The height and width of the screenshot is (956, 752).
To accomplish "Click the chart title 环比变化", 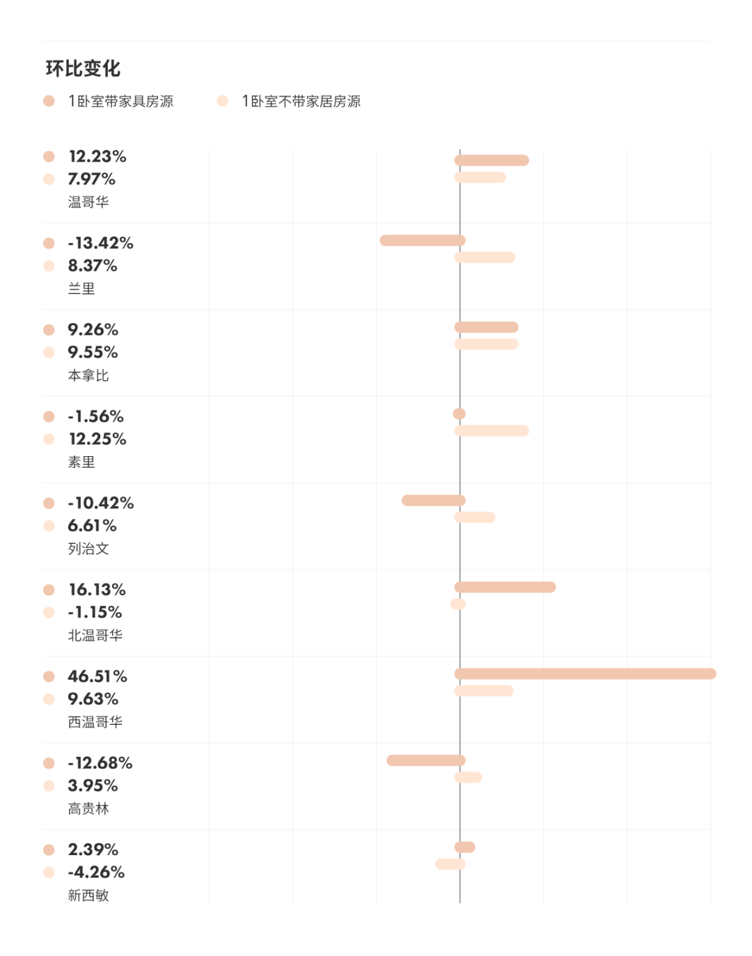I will pyautogui.click(x=83, y=68).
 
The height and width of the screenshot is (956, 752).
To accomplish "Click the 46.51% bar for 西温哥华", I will pyautogui.click(x=585, y=673).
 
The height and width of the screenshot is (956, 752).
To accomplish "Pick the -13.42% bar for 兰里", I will pyautogui.click(x=422, y=240).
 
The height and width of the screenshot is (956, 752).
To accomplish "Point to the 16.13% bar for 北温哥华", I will pyautogui.click(x=505, y=587).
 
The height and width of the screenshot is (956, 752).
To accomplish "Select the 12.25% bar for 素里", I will pyautogui.click(x=492, y=430).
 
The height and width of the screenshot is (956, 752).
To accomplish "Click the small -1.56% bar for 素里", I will pyautogui.click(x=459, y=414).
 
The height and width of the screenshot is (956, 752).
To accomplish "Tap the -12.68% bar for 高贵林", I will pyautogui.click(x=425, y=760).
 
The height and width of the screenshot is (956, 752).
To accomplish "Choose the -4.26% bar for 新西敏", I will pyautogui.click(x=450, y=864).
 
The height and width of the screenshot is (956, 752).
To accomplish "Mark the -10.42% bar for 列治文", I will pyautogui.click(x=433, y=500).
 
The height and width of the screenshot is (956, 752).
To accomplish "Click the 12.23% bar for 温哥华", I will pyautogui.click(x=492, y=160).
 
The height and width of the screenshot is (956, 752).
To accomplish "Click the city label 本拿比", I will pyautogui.click(x=88, y=375).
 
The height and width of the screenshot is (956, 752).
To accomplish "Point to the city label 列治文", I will pyautogui.click(x=88, y=549).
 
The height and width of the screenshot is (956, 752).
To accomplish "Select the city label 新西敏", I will pyautogui.click(x=88, y=895).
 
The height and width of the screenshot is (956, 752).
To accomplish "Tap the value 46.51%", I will pyautogui.click(x=97, y=676).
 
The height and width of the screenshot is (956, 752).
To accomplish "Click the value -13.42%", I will pyautogui.click(x=100, y=243).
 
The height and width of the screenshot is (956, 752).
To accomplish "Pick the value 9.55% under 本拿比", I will pyautogui.click(x=93, y=352).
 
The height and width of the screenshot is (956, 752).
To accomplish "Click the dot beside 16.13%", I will pyautogui.click(x=49, y=590).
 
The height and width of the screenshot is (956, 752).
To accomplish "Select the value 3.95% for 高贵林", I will pyautogui.click(x=93, y=785).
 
